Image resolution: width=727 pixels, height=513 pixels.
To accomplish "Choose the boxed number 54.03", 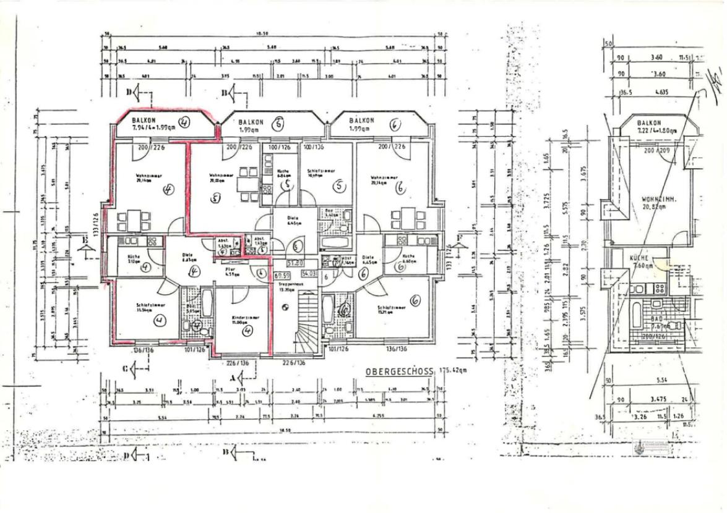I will [x=309, y=273].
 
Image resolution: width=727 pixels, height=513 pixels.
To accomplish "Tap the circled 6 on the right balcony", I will [x=394, y=124].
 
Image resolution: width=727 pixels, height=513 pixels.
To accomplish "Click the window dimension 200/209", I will [x=657, y=150].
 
